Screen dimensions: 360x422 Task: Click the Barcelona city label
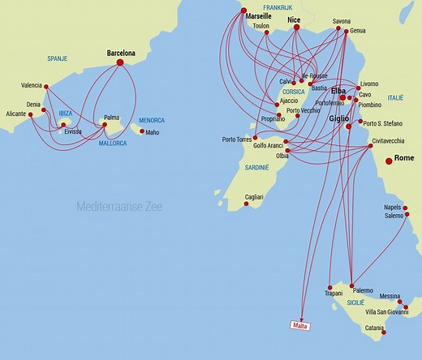pyautogui.click(x=121, y=54)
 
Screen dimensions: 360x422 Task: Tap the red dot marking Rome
pyautogui.click(x=389, y=161)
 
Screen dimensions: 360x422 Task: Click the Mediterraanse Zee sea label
pyautogui.click(x=119, y=207)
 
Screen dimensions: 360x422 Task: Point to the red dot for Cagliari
pyautogui.click(x=247, y=204)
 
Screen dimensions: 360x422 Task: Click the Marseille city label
pyautogui.click(x=258, y=15)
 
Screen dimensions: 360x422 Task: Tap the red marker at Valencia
pyautogui.click(x=46, y=87)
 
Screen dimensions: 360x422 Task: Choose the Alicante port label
pyautogui.click(x=15, y=114)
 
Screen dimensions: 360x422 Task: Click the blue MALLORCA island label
pyautogui.click(x=113, y=144)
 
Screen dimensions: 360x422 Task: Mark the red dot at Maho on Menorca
pyautogui.click(x=142, y=131)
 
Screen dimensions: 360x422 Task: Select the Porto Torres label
pyautogui.click(x=237, y=139)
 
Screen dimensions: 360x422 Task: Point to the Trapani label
pyautogui.click(x=334, y=294)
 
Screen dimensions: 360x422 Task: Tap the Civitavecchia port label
pyautogui.click(x=388, y=141)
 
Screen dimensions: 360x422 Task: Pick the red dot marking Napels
pyautogui.click(x=405, y=208)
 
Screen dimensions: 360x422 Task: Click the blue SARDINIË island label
pyautogui.click(x=257, y=167)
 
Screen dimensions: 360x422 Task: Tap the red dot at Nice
pyautogui.click(x=296, y=27)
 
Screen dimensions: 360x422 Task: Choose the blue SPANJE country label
pyautogui.click(x=57, y=58)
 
